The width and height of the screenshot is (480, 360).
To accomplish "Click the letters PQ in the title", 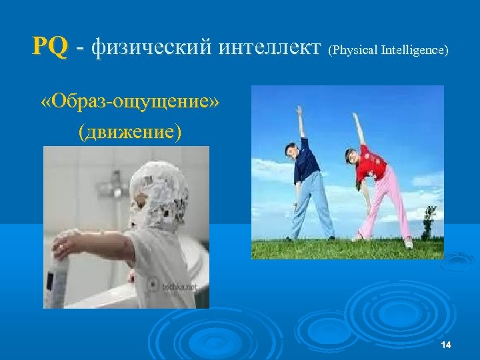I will pos(49,47).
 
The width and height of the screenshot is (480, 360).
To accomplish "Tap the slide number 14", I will pos(446,344).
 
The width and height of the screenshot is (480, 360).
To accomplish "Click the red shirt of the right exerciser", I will pos(371,164).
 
